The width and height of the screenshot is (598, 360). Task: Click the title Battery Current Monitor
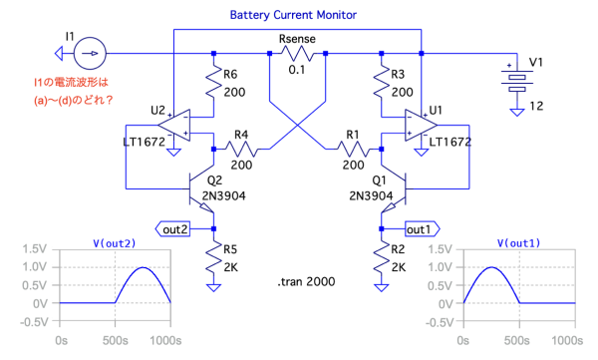293,15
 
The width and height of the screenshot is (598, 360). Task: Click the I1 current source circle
90,53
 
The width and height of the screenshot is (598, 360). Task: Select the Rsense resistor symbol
297,54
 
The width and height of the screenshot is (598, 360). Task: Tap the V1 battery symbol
516,80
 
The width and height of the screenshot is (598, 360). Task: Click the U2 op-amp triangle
174,125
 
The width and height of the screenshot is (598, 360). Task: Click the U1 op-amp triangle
421,125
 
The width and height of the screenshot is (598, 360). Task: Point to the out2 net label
172,229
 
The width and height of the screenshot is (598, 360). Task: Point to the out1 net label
422,229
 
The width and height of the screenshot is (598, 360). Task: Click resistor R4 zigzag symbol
241,149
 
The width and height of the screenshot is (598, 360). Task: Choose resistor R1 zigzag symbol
353,149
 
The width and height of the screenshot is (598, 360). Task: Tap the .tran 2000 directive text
306,282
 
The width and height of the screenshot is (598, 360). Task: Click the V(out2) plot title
115,243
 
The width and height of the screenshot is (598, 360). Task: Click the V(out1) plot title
518,243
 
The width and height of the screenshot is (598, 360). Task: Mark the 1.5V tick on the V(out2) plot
34,249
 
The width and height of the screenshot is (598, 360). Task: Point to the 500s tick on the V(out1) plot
516,340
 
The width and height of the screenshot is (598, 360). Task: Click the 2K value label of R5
231,267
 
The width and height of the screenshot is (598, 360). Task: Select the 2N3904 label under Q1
371,195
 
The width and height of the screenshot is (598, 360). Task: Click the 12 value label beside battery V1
536,106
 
